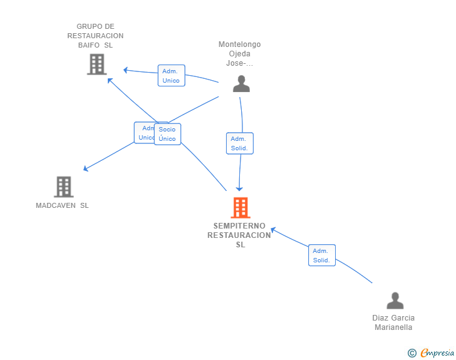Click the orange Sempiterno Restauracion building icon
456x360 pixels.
241,208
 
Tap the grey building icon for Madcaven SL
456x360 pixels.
64,187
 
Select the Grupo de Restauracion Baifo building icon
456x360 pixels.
97,64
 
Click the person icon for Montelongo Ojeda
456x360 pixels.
241,84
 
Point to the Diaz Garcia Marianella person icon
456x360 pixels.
395,301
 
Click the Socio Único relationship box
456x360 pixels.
167,134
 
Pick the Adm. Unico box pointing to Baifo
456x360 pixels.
171,76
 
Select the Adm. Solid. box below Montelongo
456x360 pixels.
240,143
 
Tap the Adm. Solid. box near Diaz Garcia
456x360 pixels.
322,255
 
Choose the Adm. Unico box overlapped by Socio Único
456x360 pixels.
144,133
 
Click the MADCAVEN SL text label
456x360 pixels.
62,205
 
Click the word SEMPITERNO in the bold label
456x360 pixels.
239,226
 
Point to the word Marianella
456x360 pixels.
393,327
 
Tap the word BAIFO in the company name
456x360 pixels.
89,45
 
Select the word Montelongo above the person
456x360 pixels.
240,44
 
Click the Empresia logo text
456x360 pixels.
437,353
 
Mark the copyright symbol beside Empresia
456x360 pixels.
412,353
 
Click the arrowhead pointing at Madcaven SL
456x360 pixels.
85,168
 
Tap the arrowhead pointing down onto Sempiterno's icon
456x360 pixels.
239,189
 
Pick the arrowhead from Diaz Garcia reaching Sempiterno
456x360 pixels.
273,230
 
